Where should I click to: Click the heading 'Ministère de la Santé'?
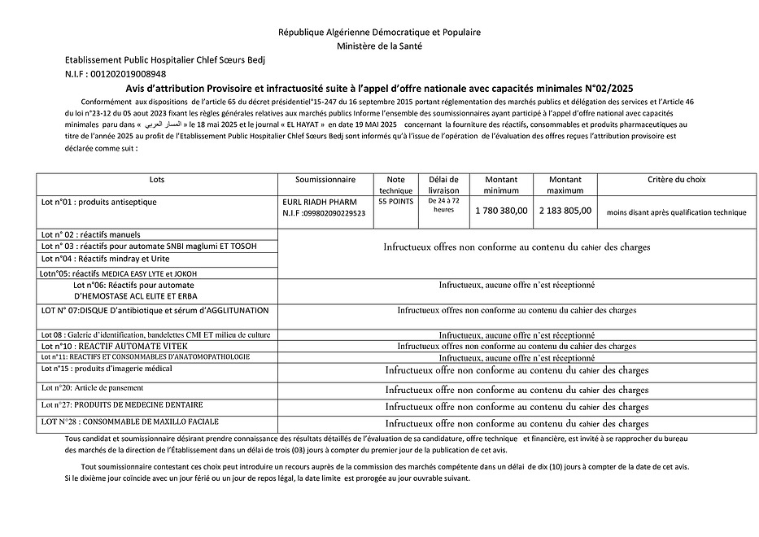[379, 46]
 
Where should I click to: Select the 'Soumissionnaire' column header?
[325, 179]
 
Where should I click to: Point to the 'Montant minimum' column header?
[500, 184]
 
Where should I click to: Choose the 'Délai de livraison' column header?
[443, 184]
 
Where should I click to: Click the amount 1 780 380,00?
[500, 210]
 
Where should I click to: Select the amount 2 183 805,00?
[565, 210]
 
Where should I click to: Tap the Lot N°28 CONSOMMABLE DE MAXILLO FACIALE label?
[129, 421]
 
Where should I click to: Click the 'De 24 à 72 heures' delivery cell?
[443, 204]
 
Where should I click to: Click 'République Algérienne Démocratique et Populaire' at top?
[379, 33]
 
